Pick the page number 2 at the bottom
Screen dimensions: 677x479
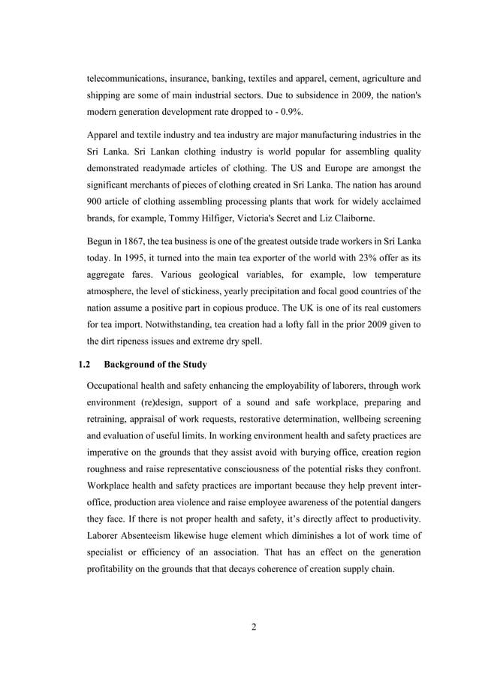(x=254, y=627)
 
